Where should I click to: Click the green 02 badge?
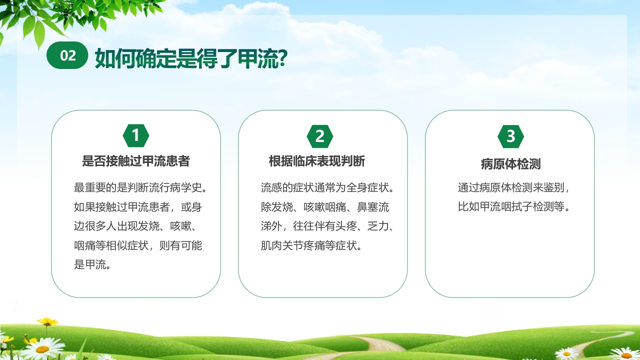pyautogui.click(x=67, y=56)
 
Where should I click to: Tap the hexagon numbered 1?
pyautogui.click(x=135, y=136)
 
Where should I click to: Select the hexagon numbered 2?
pyautogui.click(x=320, y=136)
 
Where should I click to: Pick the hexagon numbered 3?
pyautogui.click(x=510, y=136)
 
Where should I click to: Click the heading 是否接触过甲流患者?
pyautogui.click(x=135, y=161)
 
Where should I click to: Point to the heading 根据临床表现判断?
pyautogui.click(x=317, y=161)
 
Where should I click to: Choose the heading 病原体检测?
pyautogui.click(x=510, y=164)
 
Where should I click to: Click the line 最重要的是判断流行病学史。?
pyautogui.click(x=140, y=188)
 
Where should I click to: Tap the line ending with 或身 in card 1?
pyautogui.click(x=138, y=207)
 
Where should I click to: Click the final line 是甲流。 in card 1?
pyautogui.click(x=92, y=264)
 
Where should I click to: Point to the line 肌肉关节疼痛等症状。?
pyautogui.click(x=311, y=245)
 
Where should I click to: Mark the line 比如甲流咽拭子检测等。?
pyautogui.click(x=513, y=207)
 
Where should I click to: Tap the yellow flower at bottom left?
pyautogui.click(x=47, y=321)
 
